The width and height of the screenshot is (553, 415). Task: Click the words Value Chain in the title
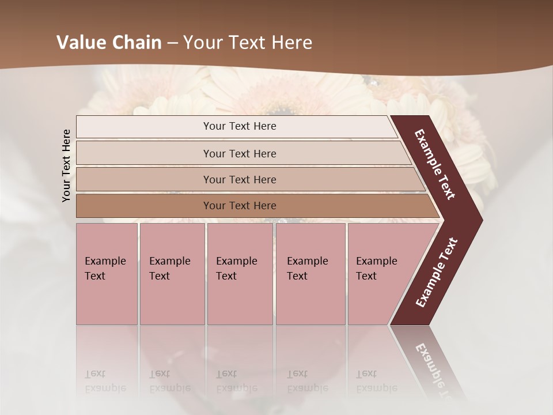(x=109, y=43)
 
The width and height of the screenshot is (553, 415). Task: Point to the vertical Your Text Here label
(x=66, y=165)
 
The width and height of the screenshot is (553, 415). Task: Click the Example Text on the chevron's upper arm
(x=435, y=164)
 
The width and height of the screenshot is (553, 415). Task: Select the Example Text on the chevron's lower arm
(x=437, y=272)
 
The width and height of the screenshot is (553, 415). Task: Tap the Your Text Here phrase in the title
(x=248, y=43)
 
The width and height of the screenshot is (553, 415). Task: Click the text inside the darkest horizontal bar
(x=240, y=206)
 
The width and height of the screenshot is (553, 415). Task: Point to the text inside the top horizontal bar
(x=240, y=126)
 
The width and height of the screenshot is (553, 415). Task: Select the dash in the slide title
(x=172, y=43)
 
